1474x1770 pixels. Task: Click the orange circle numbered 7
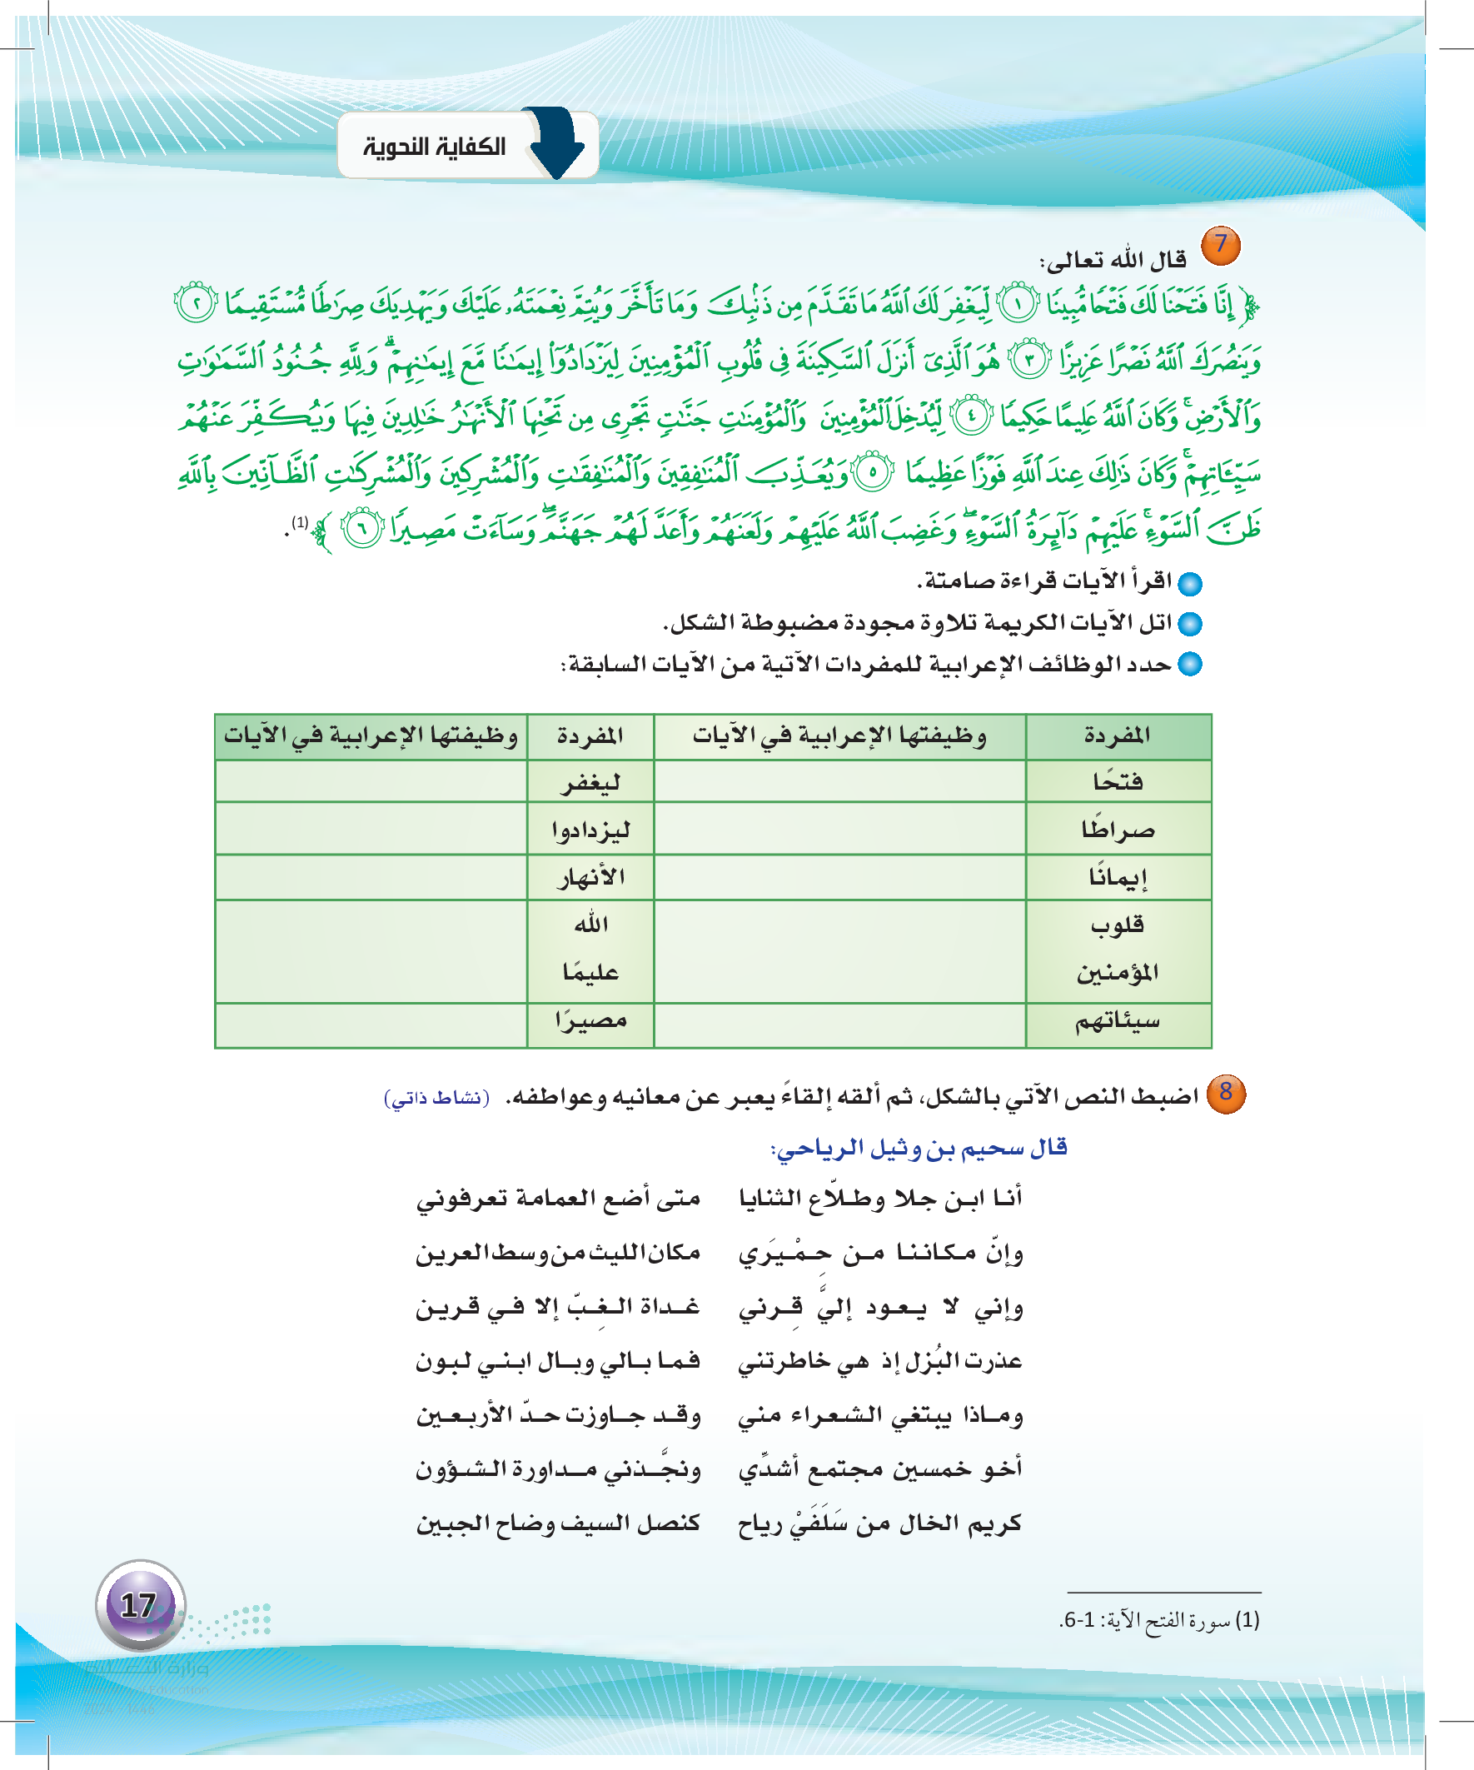(1219, 245)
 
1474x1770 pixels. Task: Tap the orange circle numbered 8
(1225, 1093)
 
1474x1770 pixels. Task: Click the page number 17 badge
(140, 1605)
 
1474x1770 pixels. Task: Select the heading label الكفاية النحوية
(435, 147)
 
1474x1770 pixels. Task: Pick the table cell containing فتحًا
(1118, 781)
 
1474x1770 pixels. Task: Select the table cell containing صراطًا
(1118, 830)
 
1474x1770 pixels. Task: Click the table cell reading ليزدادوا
(590, 830)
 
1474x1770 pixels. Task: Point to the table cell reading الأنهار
(590, 877)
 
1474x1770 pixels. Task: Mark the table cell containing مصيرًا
(590, 1021)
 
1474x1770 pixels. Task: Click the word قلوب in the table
(1118, 925)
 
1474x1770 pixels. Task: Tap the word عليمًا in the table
(590, 973)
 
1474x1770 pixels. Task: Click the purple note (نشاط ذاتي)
(436, 1099)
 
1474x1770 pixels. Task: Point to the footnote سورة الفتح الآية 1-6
(1160, 1620)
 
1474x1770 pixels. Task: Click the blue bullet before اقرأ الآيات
(1190, 583)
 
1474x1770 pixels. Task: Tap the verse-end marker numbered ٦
(363, 529)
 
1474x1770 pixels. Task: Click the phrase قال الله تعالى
(1113, 261)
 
